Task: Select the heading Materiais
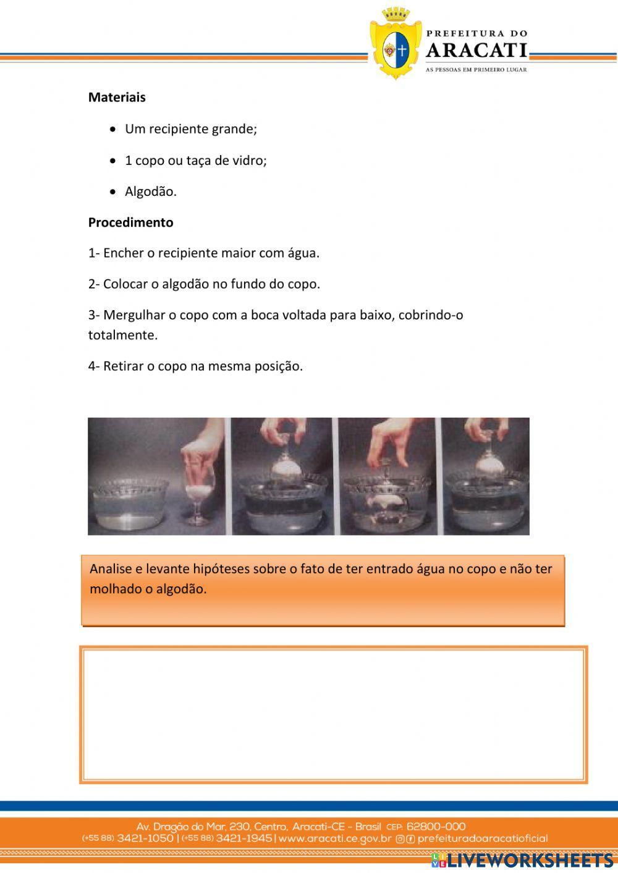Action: (x=117, y=97)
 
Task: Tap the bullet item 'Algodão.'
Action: (x=150, y=192)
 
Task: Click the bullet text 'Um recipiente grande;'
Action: (x=190, y=129)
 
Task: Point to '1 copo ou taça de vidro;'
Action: (x=195, y=161)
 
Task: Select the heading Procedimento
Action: (x=130, y=222)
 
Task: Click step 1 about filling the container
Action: (x=203, y=253)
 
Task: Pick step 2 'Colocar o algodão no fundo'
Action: (x=203, y=284)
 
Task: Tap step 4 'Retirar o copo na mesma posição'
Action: (x=195, y=366)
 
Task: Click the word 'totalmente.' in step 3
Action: (x=122, y=335)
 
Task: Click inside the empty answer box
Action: (x=334, y=715)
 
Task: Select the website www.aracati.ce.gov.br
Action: (x=335, y=838)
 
